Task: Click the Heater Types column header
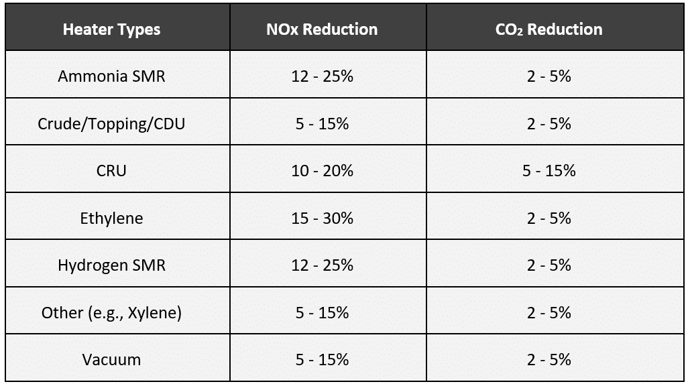111,29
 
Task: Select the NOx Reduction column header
322,29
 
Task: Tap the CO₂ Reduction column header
549,29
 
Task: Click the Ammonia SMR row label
111,76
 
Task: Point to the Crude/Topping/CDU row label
111,124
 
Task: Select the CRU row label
111,171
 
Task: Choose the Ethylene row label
111,218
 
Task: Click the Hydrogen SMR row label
111,265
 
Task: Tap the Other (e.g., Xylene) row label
111,313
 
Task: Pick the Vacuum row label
111,360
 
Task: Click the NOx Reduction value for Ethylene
322,218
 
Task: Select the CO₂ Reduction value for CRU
549,171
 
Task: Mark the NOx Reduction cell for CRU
322,171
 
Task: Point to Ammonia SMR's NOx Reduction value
322,76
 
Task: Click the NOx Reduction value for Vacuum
322,360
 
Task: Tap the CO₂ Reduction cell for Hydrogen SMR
549,265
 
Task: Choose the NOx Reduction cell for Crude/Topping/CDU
322,124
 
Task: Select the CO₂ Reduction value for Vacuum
549,360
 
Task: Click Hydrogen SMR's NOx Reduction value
322,265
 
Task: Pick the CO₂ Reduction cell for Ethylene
549,218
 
